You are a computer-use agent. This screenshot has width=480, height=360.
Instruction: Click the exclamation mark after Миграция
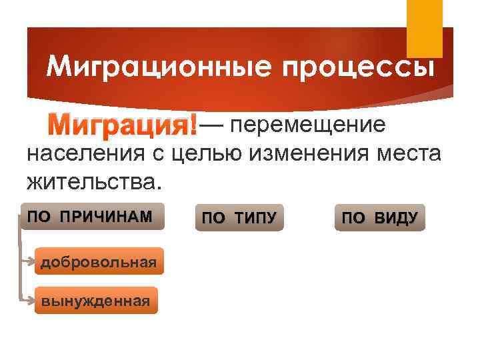coord(194,125)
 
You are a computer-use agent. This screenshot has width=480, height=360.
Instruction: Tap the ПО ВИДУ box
coord(379,218)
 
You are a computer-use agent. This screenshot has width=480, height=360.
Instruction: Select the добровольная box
coord(98,261)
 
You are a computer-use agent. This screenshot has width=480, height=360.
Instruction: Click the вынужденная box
coord(96,301)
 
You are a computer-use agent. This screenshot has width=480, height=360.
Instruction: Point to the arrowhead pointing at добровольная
coord(33,261)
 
